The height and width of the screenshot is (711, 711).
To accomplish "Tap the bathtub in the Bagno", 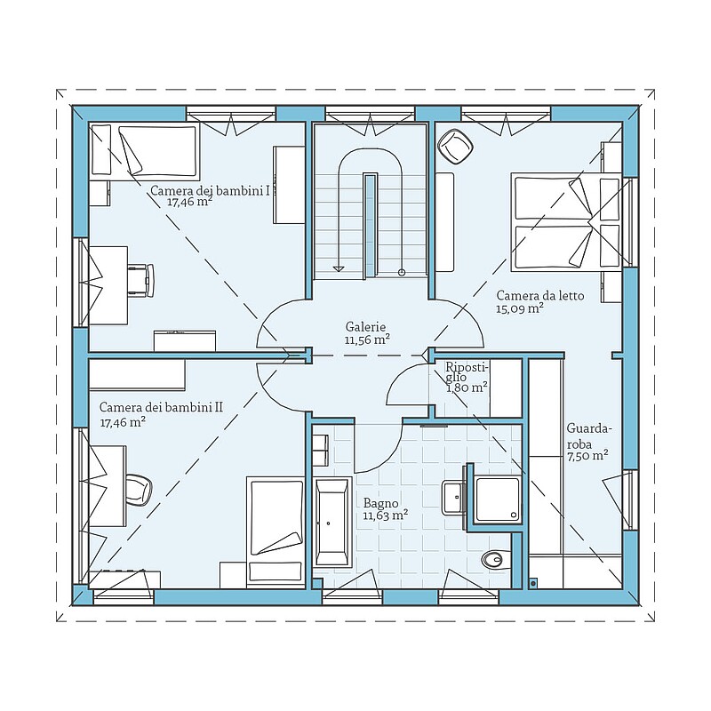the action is [x=332, y=521].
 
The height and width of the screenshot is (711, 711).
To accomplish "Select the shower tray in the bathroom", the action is [x=498, y=499].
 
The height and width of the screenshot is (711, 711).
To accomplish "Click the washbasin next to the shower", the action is [x=453, y=497].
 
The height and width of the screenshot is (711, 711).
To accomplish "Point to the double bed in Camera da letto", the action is [x=566, y=222].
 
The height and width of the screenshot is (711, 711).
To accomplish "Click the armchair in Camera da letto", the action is [x=455, y=147].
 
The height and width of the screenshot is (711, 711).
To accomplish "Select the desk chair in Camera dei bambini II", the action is [x=139, y=490].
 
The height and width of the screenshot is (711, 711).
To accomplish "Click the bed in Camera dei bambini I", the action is [x=145, y=150].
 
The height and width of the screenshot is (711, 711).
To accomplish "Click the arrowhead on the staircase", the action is [x=339, y=268].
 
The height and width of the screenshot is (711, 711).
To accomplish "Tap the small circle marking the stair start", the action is [x=402, y=272].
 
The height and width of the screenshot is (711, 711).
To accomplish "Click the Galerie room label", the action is [x=365, y=326].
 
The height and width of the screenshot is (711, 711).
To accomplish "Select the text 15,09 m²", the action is [x=520, y=308].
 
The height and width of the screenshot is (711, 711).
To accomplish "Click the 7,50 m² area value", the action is [x=587, y=455].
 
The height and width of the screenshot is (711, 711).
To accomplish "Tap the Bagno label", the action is [x=381, y=503].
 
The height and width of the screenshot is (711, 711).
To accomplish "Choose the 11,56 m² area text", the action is [x=367, y=340].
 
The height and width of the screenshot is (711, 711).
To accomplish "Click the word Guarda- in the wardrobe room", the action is [x=589, y=428].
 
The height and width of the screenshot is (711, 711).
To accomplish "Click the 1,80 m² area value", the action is [x=467, y=387].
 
